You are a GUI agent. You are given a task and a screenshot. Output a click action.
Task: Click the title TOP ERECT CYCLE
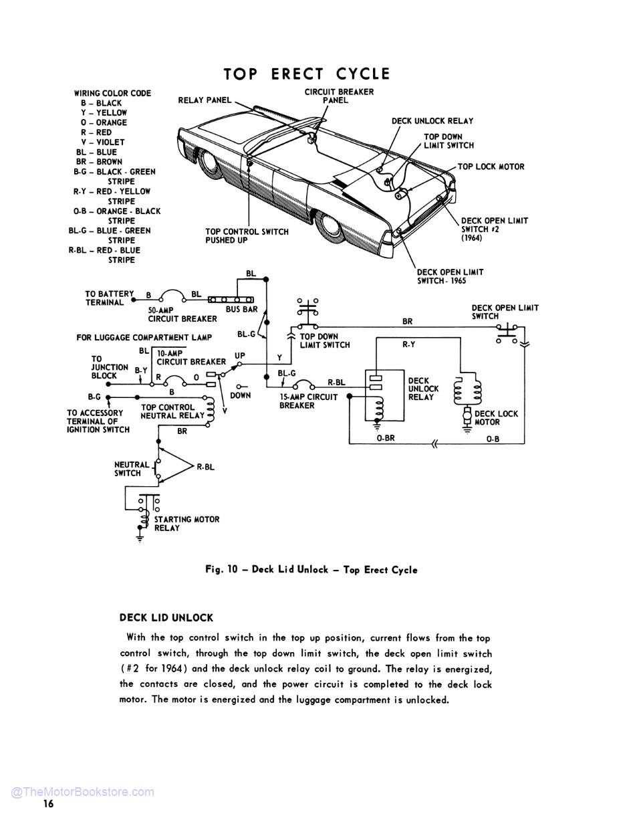click(306, 74)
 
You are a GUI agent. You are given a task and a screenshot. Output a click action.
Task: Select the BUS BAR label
click(241, 310)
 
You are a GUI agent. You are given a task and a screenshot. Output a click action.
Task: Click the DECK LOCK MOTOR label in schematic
click(496, 418)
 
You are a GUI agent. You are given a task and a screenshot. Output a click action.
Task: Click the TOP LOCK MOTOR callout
click(491, 167)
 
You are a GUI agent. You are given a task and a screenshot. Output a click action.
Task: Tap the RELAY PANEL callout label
click(205, 100)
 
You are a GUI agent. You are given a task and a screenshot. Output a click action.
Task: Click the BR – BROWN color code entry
click(99, 162)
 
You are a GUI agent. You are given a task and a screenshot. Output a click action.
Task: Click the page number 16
click(48, 804)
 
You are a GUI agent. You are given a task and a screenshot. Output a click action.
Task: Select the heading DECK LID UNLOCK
click(166, 618)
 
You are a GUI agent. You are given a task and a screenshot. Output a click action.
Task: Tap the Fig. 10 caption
click(311, 570)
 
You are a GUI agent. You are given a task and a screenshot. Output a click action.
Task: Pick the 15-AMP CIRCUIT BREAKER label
click(308, 401)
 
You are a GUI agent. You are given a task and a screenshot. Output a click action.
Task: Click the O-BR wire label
click(386, 439)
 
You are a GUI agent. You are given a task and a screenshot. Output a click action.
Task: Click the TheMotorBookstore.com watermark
click(82, 792)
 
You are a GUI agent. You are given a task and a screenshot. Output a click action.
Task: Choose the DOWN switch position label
click(240, 395)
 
